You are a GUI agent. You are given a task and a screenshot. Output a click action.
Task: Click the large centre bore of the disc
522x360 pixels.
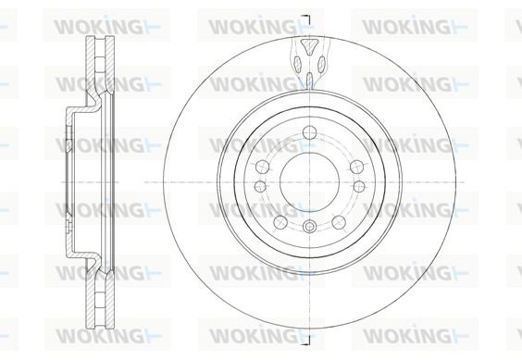click(310, 182)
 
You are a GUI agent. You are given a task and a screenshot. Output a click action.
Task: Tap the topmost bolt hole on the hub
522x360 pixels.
click(310, 132)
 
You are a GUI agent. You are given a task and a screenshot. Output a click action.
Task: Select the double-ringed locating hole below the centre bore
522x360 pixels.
click(310, 227)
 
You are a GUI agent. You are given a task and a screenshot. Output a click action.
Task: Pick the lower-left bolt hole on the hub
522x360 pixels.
click(280, 222)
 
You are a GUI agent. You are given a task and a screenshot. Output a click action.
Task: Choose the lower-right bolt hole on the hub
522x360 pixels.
click(340, 222)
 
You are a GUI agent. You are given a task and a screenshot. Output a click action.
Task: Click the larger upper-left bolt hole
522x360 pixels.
click(262, 167)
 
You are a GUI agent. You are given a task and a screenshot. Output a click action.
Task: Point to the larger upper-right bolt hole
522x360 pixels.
click(357, 167)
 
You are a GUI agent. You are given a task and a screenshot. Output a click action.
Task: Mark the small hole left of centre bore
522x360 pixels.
click(260, 186)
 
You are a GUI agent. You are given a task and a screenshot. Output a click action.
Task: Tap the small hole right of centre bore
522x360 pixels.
click(359, 186)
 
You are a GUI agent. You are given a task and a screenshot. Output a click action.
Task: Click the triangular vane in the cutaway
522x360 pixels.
click(309, 46)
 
